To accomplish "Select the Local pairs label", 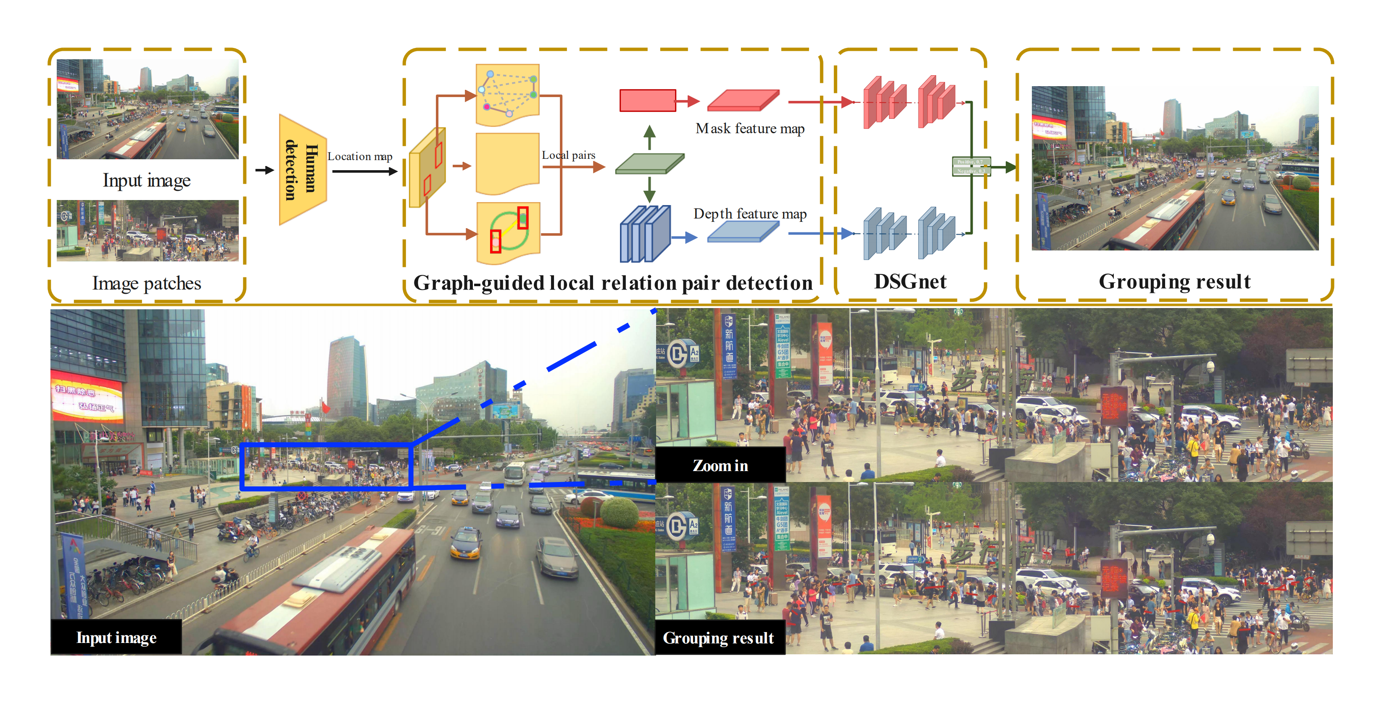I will click(x=568, y=155).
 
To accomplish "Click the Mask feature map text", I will click(x=749, y=129).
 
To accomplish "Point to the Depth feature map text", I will click(x=749, y=214).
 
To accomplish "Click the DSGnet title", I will click(x=910, y=282).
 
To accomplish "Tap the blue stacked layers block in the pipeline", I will click(x=645, y=234).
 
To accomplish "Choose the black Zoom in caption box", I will click(x=720, y=465).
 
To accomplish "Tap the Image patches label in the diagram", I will click(x=146, y=283).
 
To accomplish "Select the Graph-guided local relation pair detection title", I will click(x=613, y=283).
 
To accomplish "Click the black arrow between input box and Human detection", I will click(x=264, y=170).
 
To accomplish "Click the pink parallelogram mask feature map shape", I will click(x=743, y=100).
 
